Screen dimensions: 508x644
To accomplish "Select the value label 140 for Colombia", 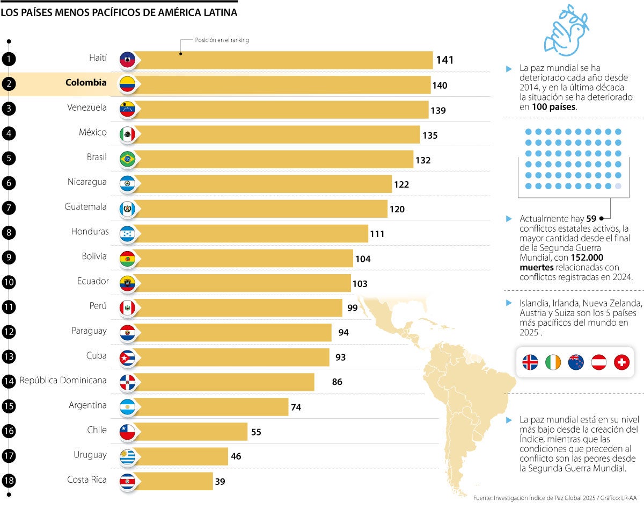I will point(440,85).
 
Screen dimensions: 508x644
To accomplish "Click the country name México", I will point(93,132).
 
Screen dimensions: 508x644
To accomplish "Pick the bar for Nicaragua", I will point(263,184).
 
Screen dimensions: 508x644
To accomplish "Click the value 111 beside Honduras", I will point(377,234).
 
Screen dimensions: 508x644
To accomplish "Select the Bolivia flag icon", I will point(127,258).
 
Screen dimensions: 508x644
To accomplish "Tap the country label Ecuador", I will point(93,281).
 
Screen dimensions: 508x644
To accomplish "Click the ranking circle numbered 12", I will point(9,332).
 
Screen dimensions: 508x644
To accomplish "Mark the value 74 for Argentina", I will point(296,407).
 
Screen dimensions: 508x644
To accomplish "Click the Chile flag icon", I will point(127,431).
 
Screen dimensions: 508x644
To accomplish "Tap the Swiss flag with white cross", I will point(621,362).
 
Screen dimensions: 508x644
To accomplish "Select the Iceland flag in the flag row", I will point(530,362).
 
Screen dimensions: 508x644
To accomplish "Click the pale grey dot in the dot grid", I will point(618,186).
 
